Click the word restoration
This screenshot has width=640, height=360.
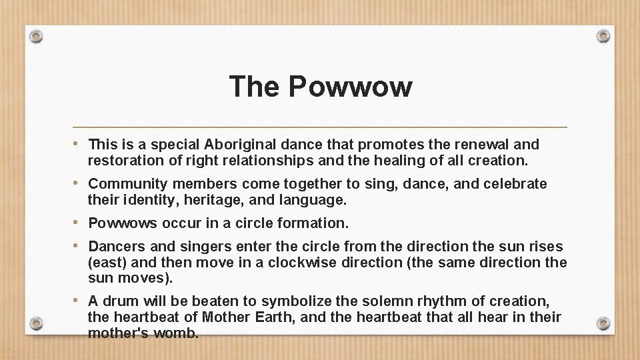click(125, 160)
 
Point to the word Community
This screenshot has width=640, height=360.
click(127, 183)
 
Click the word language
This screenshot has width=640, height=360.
click(314, 199)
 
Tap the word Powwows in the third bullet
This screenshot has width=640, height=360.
click(120, 223)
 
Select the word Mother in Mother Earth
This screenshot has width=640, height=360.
click(227, 317)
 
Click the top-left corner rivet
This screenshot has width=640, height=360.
click(37, 35)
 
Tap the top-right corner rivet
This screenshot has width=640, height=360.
click(603, 35)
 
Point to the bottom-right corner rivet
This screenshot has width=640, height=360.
click(603, 324)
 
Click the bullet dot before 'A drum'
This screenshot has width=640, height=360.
click(79, 301)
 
